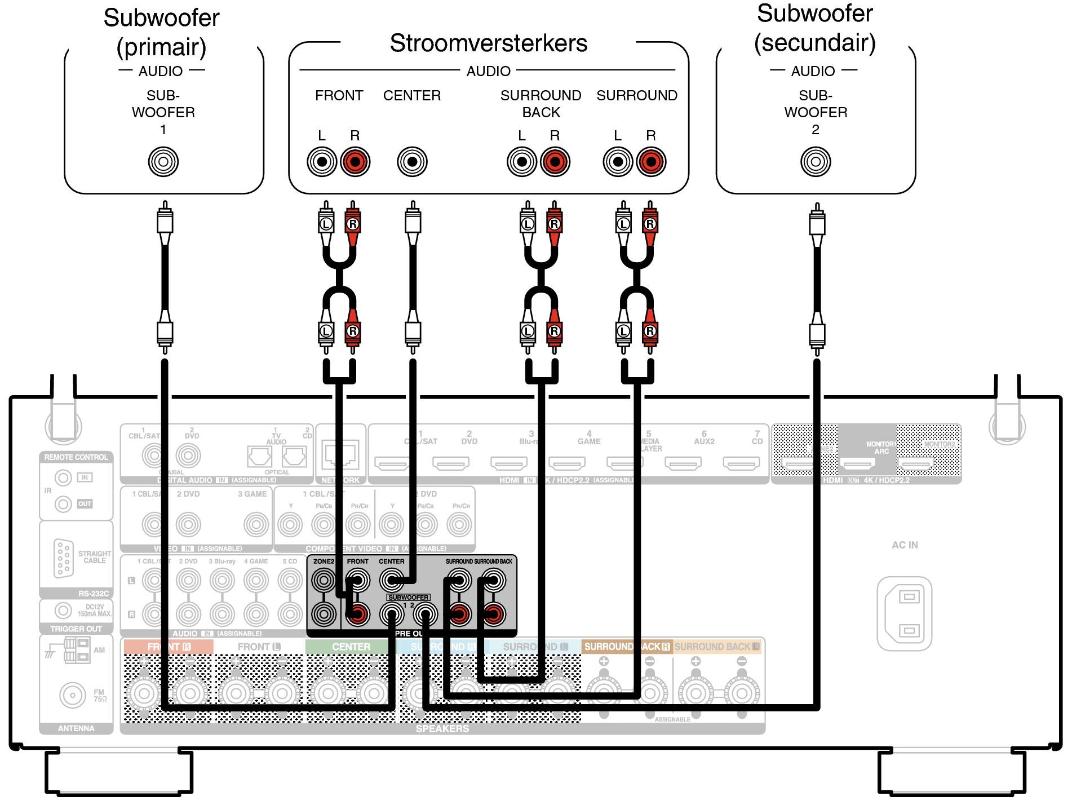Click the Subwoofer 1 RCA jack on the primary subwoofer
163,162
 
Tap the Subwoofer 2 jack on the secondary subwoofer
816,162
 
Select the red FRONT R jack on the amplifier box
355,162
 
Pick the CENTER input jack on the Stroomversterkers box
412,162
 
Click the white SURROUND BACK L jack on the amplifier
522,162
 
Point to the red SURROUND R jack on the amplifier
651,162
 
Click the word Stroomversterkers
488,43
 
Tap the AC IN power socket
904,613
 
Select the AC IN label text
905,545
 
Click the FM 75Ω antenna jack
73,695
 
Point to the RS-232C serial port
63,558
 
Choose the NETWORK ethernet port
340,454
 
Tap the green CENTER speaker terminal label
351,647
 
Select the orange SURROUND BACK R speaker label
627,647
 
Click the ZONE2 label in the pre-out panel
324,561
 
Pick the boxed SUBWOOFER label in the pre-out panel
408,597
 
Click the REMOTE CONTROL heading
76,457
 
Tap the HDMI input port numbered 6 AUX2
683,463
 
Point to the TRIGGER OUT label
76,629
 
